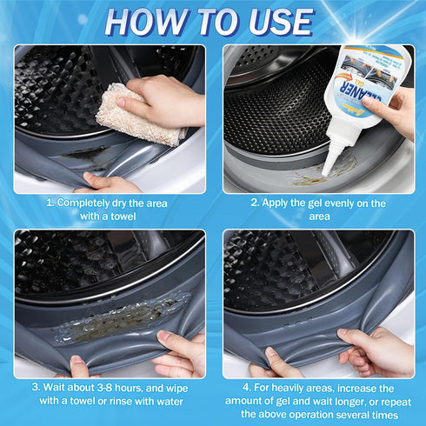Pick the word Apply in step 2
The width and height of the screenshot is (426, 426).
point(282,203)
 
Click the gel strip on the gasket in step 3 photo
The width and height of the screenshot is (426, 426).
point(122,323)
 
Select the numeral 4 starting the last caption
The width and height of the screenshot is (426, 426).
point(247,387)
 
